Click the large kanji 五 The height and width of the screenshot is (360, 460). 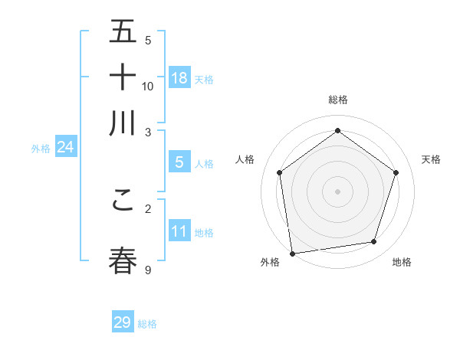click(123, 32)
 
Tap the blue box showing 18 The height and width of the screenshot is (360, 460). click(179, 77)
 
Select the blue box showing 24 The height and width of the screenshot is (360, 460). click(65, 147)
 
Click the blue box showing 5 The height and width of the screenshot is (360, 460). click(179, 162)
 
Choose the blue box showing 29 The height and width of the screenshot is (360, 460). click(123, 322)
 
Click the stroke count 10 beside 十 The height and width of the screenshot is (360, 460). click(148, 86)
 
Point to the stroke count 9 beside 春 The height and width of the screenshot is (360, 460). click(148, 270)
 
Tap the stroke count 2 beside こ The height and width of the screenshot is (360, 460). click(148, 208)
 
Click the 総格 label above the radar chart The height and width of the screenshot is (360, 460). click(337, 100)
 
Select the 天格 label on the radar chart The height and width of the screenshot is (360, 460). click(432, 159)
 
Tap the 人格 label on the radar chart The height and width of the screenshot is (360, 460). click(245, 159)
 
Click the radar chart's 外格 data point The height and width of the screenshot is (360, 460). click(292, 253)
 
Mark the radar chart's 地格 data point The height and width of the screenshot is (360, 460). click(374, 242)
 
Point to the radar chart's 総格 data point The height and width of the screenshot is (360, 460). click(337, 130)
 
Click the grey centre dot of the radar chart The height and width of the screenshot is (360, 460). click(337, 191)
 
